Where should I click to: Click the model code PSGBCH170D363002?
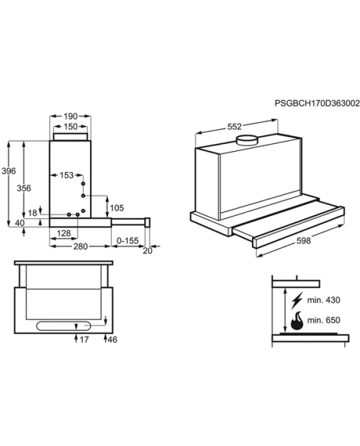(x=317, y=104)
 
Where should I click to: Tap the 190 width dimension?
(x=71, y=116)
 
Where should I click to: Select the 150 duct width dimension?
(x=71, y=127)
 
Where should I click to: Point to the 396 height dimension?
(x=9, y=171)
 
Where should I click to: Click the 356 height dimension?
(x=24, y=188)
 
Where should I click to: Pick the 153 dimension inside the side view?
(x=66, y=176)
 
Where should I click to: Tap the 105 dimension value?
(x=117, y=208)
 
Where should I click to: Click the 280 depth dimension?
(x=81, y=246)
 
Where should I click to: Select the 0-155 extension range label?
(x=127, y=241)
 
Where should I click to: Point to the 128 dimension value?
(x=63, y=233)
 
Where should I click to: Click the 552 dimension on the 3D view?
(x=235, y=127)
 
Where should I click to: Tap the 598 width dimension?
(x=303, y=241)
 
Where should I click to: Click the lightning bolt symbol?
(x=297, y=301)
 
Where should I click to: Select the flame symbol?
(x=297, y=321)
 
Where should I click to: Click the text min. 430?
(x=323, y=300)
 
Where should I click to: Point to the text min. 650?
(x=323, y=320)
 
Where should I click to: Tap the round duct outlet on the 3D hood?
(x=247, y=140)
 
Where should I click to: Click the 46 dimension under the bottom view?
(x=112, y=340)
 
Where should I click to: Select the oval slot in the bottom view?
(x=64, y=326)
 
